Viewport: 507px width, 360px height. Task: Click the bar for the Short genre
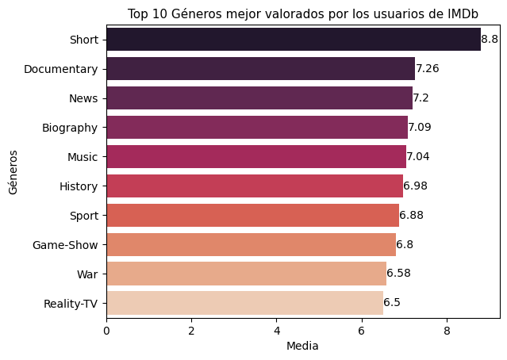(x=293, y=40)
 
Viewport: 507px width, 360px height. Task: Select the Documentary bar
(x=260, y=69)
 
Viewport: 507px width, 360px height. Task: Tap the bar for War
(x=246, y=274)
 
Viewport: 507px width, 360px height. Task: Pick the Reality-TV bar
(x=244, y=303)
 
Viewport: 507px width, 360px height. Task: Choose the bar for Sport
(x=252, y=215)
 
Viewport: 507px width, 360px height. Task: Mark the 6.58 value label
(x=398, y=274)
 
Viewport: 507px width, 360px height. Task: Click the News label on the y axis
(x=83, y=98)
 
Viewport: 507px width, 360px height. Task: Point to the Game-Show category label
(x=65, y=244)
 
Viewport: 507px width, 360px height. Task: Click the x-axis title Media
(x=302, y=346)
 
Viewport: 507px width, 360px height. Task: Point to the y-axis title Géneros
(x=12, y=171)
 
